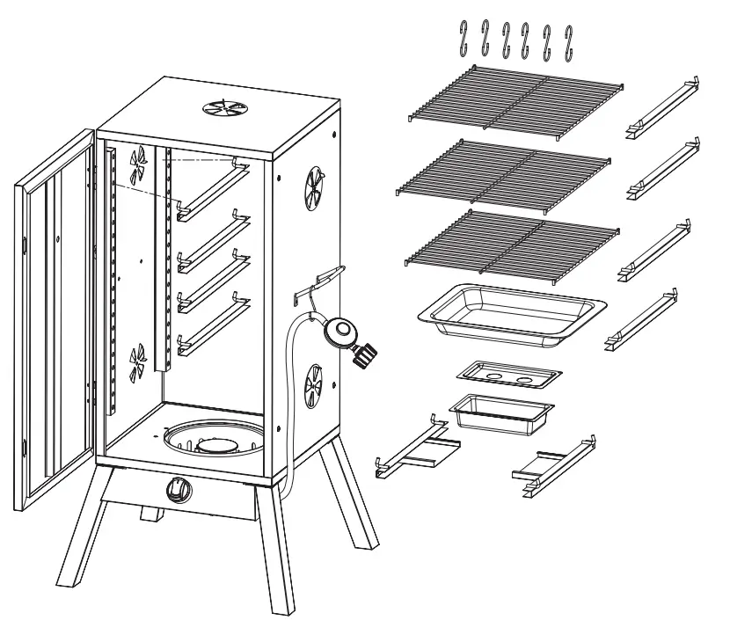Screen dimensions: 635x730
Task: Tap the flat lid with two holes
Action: click(x=509, y=374)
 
